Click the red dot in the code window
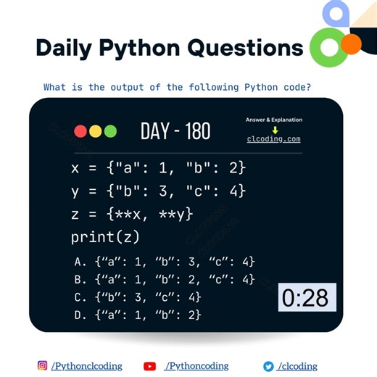(80, 131)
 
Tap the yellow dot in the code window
(95, 131)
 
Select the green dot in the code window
(110, 131)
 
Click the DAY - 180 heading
(175, 131)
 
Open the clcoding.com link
(273, 139)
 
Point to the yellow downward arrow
(275, 130)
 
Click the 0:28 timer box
(307, 297)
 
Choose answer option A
(165, 262)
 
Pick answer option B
(165, 279)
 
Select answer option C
(138, 297)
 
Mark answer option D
(138, 315)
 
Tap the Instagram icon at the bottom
(42, 366)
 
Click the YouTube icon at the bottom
(150, 366)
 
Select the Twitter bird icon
(268, 366)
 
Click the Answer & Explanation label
(274, 120)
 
